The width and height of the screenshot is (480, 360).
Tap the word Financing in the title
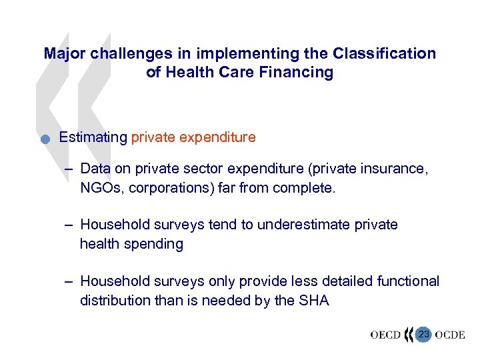pos(297,72)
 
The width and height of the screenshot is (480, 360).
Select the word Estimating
pos(93,137)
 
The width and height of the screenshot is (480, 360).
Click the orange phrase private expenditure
pos(193,137)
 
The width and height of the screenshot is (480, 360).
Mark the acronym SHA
pos(314,300)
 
